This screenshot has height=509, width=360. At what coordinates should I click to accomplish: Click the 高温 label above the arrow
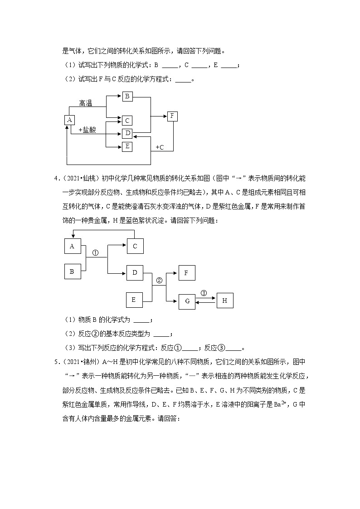tap(86, 104)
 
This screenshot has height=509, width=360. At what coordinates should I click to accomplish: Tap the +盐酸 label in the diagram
tap(88, 130)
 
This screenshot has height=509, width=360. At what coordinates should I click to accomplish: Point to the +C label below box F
tap(160, 147)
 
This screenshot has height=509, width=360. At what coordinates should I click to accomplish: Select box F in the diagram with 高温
tap(172, 116)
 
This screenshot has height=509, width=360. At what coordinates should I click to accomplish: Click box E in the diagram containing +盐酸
tap(127, 146)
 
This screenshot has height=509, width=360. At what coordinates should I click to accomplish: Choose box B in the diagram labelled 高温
tap(127, 96)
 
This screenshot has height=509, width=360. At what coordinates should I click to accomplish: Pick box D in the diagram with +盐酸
tap(127, 133)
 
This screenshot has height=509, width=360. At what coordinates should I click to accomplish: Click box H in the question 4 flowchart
tap(225, 301)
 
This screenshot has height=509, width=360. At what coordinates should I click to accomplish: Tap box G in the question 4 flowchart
tap(187, 301)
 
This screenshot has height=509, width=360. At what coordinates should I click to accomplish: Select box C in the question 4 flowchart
tap(135, 246)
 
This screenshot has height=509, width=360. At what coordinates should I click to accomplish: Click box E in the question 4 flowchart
tap(134, 300)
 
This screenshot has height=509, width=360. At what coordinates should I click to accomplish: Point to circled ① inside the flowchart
tap(96, 253)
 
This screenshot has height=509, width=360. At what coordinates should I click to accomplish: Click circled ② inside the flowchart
tap(159, 280)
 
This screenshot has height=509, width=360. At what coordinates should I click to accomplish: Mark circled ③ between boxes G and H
tap(204, 293)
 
